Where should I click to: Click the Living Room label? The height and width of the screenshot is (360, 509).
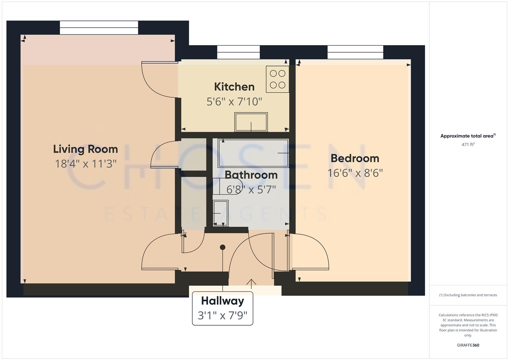point(85,149)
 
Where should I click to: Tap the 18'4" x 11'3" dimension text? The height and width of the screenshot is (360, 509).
point(85,164)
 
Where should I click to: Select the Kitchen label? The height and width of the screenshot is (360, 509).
point(234,87)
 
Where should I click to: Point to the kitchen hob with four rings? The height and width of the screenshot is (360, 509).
point(277,79)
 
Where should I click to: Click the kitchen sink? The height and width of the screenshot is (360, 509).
point(251,122)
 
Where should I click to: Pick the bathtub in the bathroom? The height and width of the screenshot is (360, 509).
point(253,153)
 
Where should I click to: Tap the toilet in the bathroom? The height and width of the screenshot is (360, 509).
point(223,186)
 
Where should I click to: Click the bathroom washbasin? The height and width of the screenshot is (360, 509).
point(220,213)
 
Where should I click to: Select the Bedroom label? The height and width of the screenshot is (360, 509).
point(355,158)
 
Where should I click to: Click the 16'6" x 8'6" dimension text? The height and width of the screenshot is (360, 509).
point(355,173)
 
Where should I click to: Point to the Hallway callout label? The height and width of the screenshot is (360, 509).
point(222,301)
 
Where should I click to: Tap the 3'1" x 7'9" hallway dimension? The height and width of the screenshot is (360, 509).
point(222,315)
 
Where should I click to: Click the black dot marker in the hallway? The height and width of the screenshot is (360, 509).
point(223,247)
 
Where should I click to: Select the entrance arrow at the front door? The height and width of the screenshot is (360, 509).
point(251,283)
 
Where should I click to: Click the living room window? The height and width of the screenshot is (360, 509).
point(99,28)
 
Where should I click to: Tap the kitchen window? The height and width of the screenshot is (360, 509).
point(238,52)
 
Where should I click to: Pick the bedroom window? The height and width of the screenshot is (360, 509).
point(355,52)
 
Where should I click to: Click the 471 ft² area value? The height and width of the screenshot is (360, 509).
point(468,144)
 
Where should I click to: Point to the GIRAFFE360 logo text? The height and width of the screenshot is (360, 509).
point(468,345)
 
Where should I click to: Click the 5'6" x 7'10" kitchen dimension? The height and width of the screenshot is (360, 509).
point(234,101)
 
